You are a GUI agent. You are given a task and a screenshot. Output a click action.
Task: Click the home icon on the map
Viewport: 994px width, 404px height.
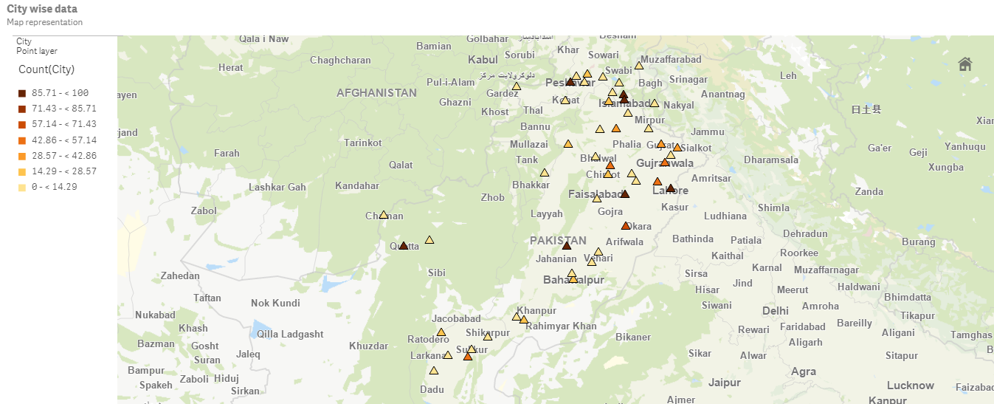click(964, 64)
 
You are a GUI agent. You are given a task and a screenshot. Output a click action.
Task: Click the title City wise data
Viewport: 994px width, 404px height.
click(42, 9)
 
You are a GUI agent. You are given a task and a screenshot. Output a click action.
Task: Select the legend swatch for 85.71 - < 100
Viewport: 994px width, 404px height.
click(23, 93)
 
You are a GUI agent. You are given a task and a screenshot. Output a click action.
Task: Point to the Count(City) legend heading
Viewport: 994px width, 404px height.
click(46, 69)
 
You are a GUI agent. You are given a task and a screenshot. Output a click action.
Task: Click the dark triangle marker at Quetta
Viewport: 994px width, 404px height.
click(404, 245)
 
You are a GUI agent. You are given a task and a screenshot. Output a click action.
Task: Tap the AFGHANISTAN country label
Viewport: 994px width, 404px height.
click(376, 93)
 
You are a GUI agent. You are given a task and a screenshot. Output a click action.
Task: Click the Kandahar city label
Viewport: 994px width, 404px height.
click(357, 185)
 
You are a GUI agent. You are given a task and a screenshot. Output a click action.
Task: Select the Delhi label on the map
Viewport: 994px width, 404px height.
click(776, 311)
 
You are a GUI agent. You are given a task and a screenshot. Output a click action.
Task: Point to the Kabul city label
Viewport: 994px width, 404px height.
click(483, 60)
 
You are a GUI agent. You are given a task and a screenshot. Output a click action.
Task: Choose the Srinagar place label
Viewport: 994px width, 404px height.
click(688, 80)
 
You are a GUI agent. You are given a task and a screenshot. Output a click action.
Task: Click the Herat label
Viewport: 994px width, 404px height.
click(231, 68)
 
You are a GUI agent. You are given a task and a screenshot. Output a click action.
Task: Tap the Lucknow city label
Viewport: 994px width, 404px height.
click(910, 385)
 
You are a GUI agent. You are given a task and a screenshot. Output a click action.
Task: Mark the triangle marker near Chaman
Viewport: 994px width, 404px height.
click(384, 215)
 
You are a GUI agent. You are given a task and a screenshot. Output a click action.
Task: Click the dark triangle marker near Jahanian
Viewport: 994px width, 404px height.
click(567, 245)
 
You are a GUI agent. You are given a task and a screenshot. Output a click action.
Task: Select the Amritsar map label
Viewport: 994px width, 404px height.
click(711, 179)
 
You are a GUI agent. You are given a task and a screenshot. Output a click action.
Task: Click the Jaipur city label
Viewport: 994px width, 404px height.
click(724, 383)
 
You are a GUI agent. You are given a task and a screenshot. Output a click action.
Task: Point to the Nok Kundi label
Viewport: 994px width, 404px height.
click(275, 304)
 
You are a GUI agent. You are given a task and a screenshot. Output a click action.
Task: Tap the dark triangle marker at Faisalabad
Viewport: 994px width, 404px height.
click(625, 194)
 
